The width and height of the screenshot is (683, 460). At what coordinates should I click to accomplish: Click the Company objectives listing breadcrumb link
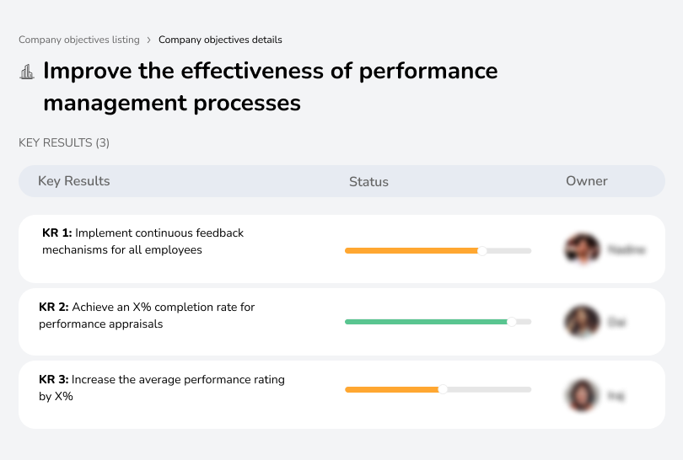(79, 40)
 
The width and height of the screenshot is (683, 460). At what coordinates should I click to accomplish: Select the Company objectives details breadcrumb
(220, 40)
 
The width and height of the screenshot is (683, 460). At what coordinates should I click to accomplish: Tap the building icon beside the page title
(27, 72)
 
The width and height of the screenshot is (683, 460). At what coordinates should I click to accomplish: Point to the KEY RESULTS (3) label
(64, 143)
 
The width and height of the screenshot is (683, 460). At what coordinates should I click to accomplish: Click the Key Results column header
(74, 181)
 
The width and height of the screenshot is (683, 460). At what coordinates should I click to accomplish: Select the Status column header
(368, 181)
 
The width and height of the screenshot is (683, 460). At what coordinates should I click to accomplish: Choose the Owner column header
(587, 181)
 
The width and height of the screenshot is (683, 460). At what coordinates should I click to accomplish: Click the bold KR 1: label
(57, 233)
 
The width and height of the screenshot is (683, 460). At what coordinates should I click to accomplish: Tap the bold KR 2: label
(54, 308)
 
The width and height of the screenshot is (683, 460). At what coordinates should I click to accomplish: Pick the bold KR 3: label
(54, 380)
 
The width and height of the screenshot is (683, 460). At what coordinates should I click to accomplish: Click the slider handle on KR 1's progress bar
(482, 250)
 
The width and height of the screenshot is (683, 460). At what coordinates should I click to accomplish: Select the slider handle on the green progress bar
(511, 322)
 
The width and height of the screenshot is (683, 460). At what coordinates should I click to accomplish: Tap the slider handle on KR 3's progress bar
(443, 389)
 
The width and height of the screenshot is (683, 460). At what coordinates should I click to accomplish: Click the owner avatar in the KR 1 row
(582, 249)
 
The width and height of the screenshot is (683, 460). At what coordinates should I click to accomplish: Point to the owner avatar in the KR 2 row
(582, 322)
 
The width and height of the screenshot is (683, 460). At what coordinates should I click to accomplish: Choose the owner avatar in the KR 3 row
(582, 394)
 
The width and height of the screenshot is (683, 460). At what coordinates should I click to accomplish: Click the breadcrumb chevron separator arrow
(149, 40)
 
